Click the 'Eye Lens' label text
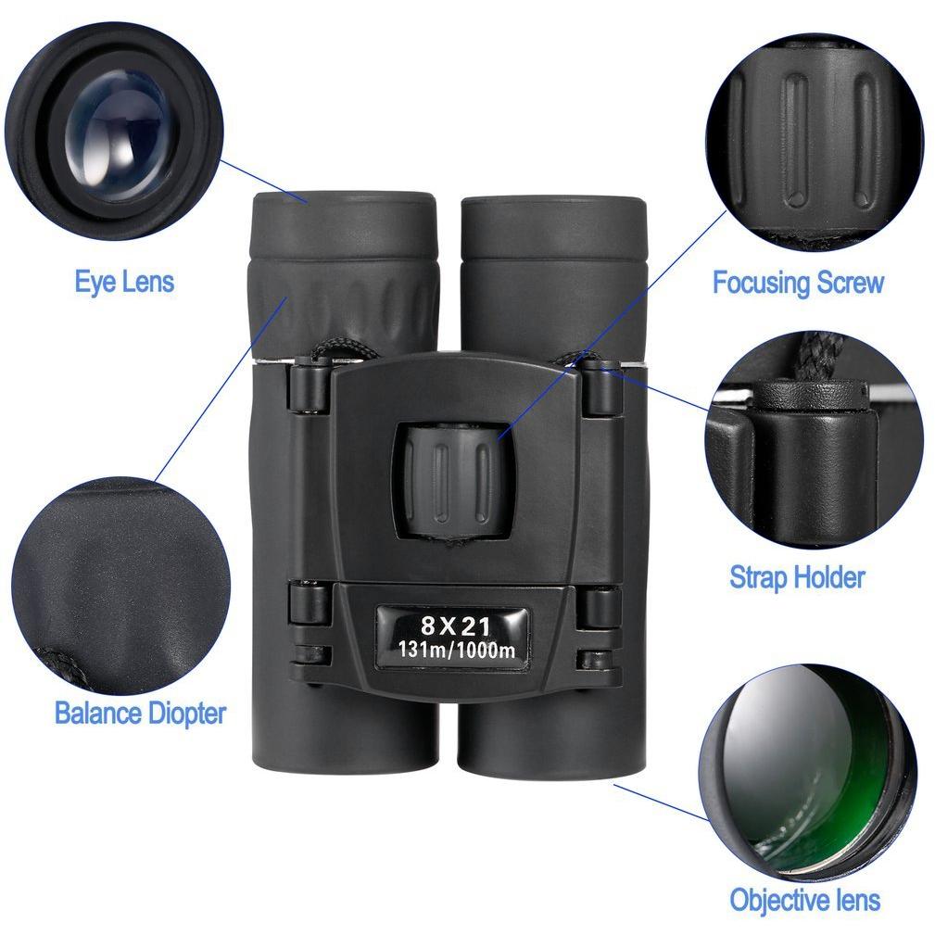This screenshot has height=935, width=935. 124,282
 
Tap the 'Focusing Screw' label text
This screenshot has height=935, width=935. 798,282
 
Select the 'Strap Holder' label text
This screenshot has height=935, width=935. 797,576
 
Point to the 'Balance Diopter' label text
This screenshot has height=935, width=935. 140,714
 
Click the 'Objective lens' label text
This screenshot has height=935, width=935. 804,899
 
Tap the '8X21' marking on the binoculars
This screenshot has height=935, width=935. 456,626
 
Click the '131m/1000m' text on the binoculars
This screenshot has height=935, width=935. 456,650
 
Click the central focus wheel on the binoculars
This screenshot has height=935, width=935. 452,481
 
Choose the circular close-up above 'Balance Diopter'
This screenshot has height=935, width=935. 121,587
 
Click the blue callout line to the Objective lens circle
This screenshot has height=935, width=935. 662,802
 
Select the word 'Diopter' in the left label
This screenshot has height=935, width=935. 186,714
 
